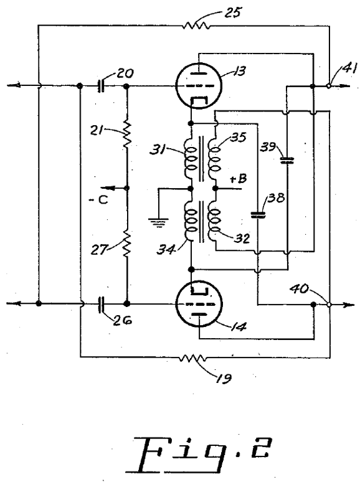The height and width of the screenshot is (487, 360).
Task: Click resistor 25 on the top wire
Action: (x=196, y=26)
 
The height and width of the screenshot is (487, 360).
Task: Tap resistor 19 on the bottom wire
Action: (x=192, y=358)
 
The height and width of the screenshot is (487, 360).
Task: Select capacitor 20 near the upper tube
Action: (x=101, y=86)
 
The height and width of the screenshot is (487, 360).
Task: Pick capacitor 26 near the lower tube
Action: (x=101, y=305)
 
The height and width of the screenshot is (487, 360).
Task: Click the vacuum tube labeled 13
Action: (x=199, y=86)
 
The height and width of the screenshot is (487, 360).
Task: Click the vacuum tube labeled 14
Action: (x=199, y=304)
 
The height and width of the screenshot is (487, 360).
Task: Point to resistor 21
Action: (x=127, y=134)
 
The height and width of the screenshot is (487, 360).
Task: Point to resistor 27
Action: (x=126, y=243)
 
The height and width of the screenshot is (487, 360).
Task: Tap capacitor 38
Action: (x=258, y=215)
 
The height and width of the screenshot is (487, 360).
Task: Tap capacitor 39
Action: (x=287, y=160)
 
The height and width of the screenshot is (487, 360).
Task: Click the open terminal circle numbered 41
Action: (x=329, y=86)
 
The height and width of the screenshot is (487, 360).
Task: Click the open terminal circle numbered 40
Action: (x=329, y=305)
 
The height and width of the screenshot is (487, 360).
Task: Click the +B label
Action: (x=238, y=179)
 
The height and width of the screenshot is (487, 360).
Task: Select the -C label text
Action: (x=98, y=200)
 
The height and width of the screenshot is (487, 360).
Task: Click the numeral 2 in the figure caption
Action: (x=262, y=448)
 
